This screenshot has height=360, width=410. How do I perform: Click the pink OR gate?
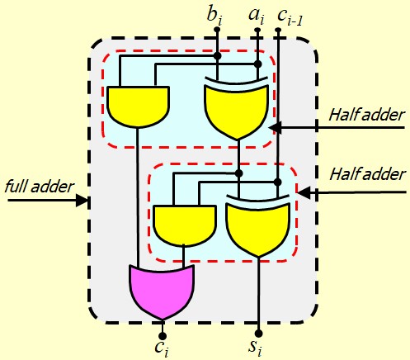[162, 291]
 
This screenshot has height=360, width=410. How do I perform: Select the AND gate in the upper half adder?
[138, 107]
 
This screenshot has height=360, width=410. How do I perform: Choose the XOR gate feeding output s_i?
[258, 225]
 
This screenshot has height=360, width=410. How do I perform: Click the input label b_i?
[214, 16]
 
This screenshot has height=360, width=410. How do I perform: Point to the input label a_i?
[257, 16]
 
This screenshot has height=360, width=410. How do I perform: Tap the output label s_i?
[255, 348]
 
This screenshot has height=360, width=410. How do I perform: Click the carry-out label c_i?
[162, 348]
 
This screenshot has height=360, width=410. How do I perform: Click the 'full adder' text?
[40, 187]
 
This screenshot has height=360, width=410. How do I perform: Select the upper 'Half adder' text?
[367, 115]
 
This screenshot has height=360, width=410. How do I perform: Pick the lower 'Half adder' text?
[367, 174]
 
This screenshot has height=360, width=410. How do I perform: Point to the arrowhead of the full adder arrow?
[82, 200]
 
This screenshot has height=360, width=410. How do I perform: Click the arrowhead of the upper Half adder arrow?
[275, 127]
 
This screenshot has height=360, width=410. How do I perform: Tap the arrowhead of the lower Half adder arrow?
[304, 192]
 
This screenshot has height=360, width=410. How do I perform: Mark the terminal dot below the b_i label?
[217, 29]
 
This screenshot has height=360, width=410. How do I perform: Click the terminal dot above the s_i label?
[258, 334]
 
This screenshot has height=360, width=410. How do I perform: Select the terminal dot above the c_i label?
[163, 336]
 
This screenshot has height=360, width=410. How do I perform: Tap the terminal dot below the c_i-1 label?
[278, 29]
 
